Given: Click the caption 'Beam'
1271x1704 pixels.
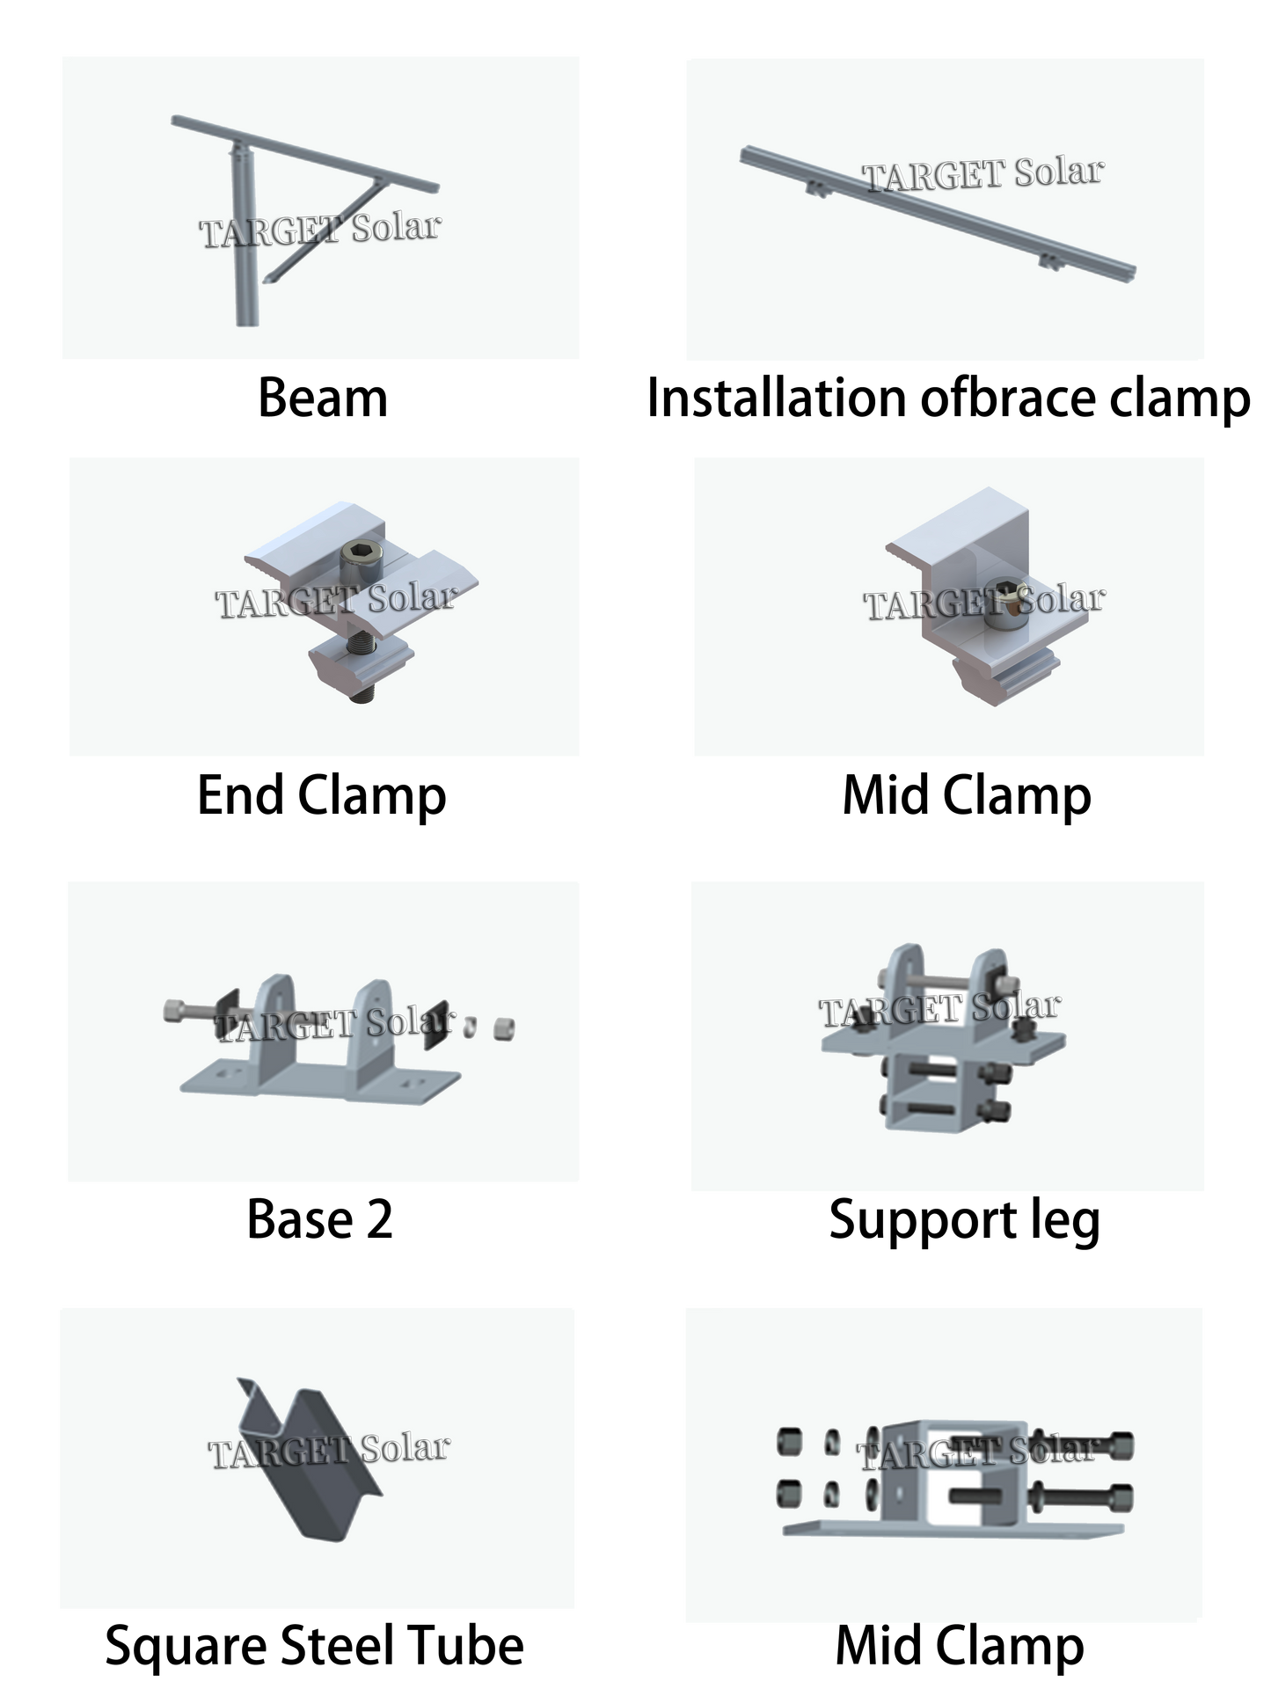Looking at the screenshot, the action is tap(323, 399).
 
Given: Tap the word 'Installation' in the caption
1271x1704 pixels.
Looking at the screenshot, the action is tap(777, 398).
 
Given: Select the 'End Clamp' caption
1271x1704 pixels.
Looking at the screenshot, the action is tap(322, 796).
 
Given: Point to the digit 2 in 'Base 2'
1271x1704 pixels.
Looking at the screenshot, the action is tap(379, 1220).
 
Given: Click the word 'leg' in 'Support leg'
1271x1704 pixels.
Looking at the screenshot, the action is tap(1064, 1223).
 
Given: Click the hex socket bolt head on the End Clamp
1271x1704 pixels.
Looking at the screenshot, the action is tap(360, 554).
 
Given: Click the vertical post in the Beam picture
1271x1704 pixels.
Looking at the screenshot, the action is tap(244, 238).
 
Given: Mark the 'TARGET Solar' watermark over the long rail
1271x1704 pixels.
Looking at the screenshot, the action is tap(982, 174).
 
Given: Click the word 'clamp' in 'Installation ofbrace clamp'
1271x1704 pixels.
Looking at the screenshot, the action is tap(1180, 399).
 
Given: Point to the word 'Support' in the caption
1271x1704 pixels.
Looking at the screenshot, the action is tap(923, 1223).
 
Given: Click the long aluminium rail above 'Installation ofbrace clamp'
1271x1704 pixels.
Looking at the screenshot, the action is tap(938, 212).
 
